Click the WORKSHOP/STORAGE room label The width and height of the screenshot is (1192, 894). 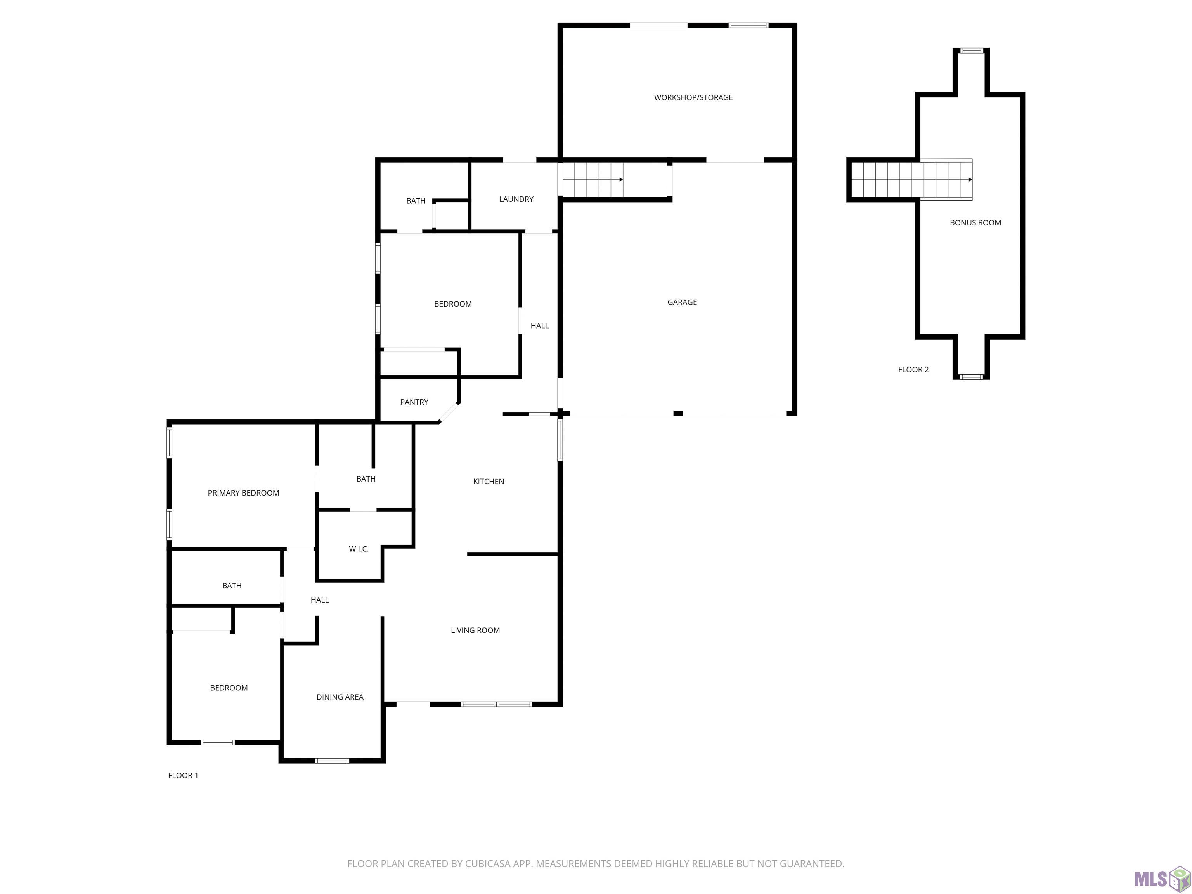[x=693, y=97]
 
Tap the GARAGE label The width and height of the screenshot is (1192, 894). [x=682, y=302]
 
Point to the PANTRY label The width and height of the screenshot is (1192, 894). [x=414, y=402]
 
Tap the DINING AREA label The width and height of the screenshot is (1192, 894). [x=340, y=697]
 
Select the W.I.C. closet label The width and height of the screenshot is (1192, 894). [x=359, y=549]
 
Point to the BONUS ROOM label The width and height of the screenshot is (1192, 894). [x=975, y=223]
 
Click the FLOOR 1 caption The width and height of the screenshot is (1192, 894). [x=183, y=775]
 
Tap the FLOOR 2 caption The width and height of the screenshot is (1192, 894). [x=913, y=370]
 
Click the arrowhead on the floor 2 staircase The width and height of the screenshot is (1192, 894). [x=970, y=179]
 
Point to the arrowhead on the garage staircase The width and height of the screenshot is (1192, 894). [x=621, y=179]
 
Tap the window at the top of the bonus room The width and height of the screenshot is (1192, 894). [x=972, y=51]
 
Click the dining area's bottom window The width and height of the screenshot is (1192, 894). [x=332, y=761]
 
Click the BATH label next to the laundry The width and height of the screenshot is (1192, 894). [x=416, y=201]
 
